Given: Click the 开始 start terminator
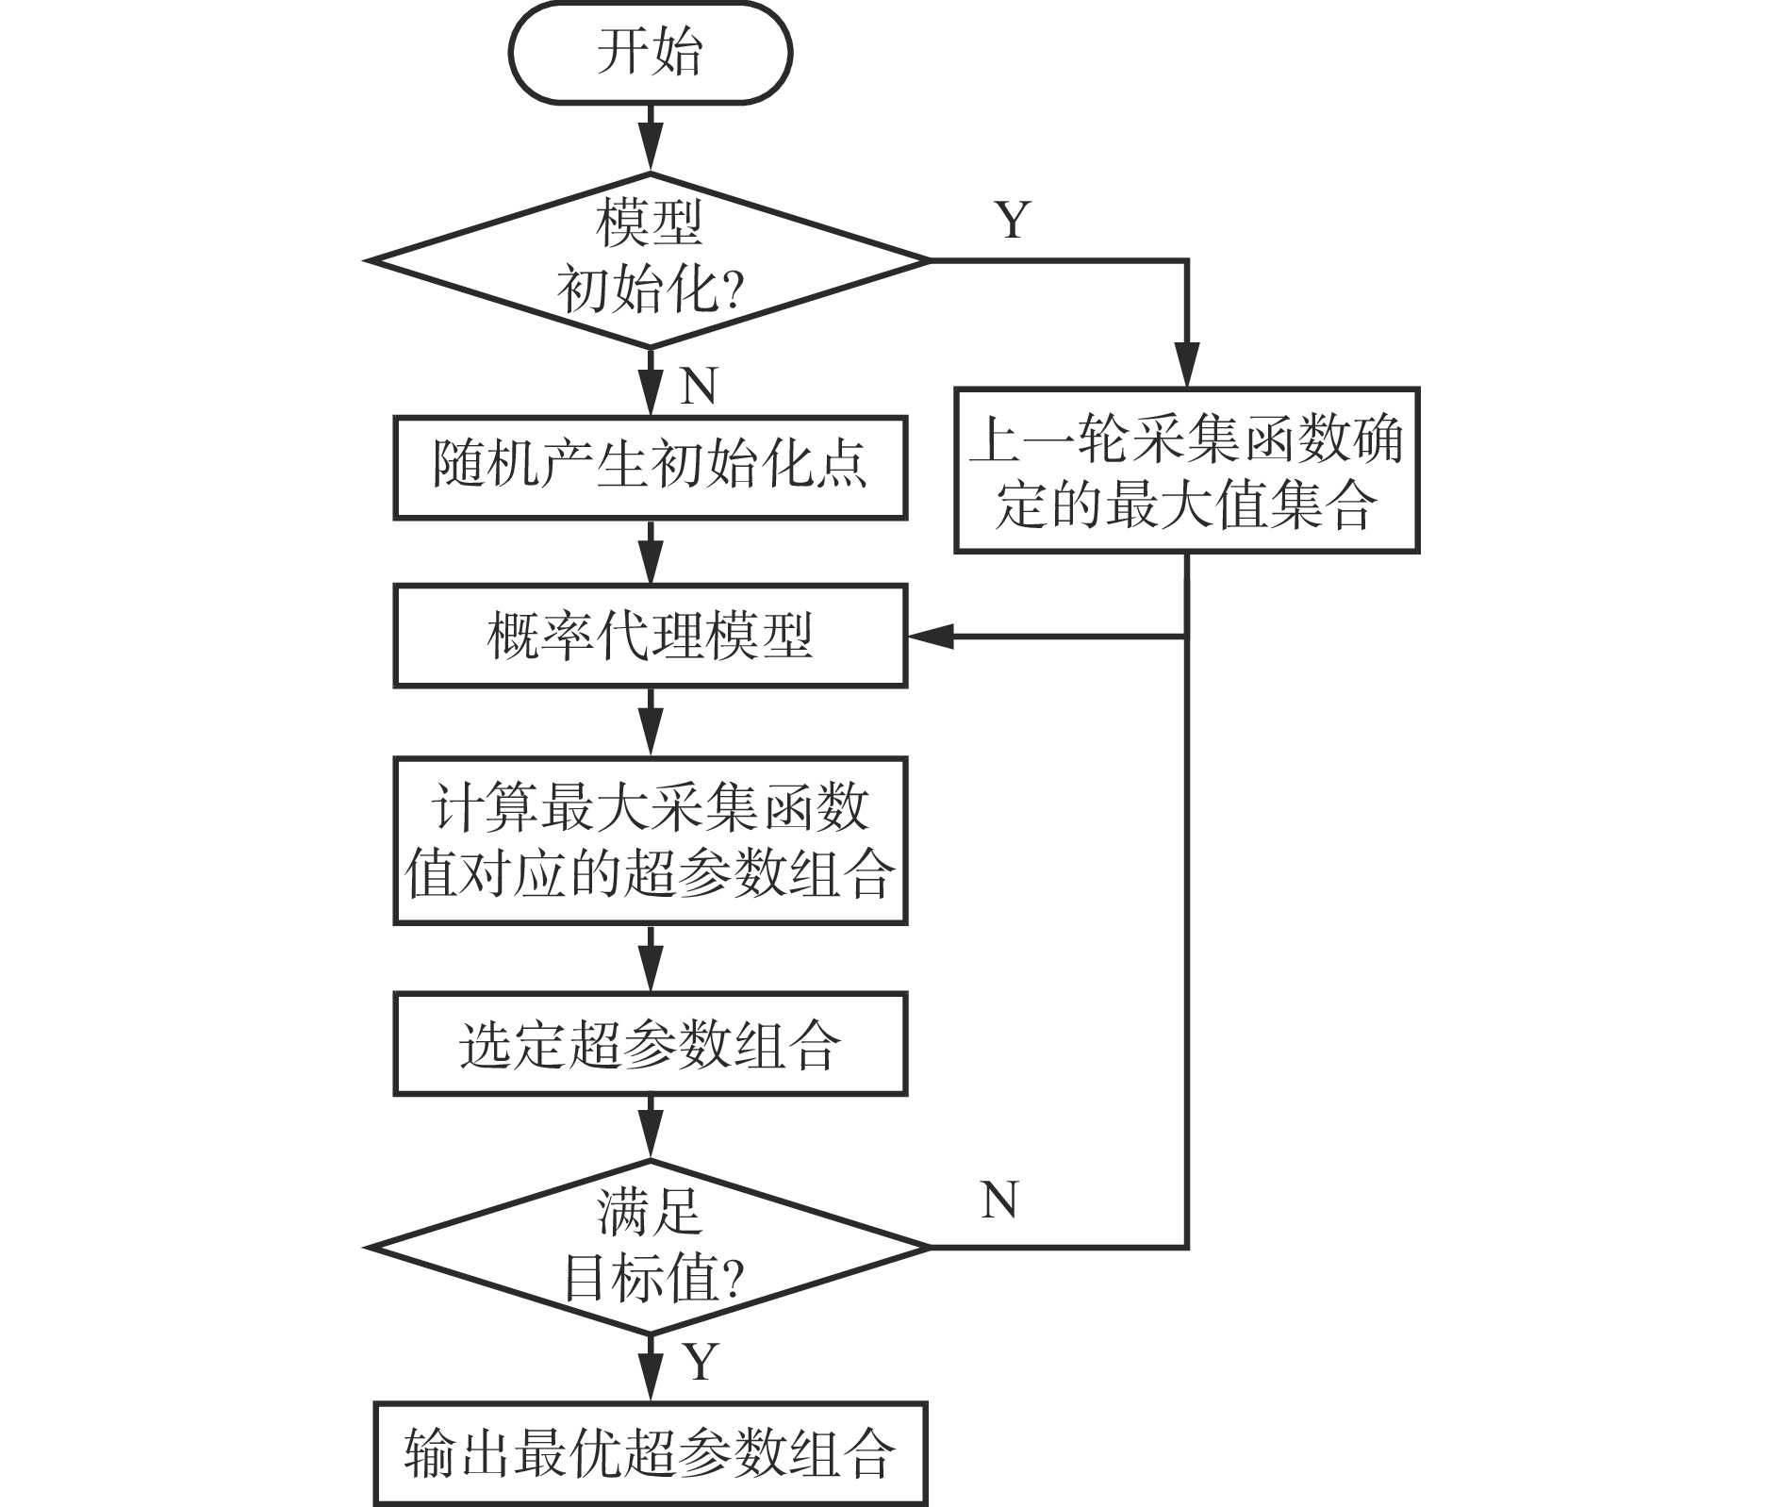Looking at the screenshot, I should point(650,52).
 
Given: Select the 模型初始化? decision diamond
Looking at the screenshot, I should point(650,259).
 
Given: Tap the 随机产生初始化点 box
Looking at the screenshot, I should point(650,467).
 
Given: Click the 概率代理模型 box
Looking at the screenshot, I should point(650,635).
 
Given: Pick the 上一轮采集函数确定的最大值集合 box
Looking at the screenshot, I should point(1186,470).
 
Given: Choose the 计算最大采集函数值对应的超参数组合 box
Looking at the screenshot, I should point(650,840).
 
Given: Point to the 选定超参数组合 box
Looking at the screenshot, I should point(650,1044).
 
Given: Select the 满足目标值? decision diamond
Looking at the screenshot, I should point(650,1247).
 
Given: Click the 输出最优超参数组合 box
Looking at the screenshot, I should point(650,1452).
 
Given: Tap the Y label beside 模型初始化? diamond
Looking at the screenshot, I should point(1013,220).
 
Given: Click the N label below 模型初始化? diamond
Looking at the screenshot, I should point(698,386).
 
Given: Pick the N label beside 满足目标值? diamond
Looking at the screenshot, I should point(999,1201).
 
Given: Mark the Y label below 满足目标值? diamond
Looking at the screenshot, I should point(700,1363).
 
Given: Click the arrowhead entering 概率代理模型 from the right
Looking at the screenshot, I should point(929,637).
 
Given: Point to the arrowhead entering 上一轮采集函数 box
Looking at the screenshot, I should point(1186,368).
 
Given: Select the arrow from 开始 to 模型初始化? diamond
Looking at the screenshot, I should point(650,137).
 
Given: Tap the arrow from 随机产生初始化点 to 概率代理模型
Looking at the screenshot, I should point(650,552).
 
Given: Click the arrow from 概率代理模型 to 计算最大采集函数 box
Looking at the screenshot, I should point(650,721).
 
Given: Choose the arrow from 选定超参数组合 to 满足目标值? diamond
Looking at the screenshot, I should point(650,1128).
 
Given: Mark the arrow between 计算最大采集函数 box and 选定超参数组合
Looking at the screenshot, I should point(650,958).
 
